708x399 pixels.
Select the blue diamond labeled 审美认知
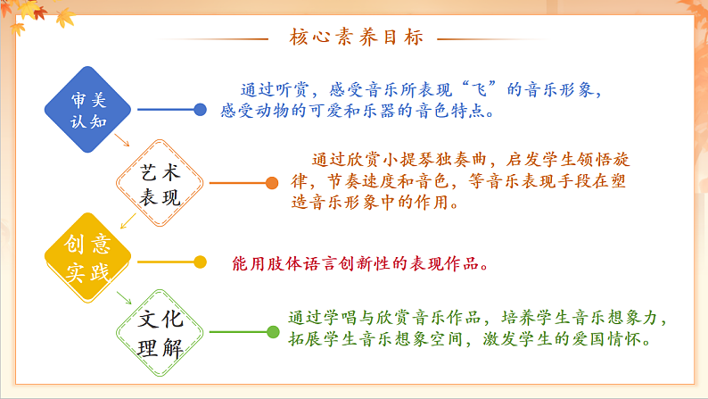click(x=87, y=110)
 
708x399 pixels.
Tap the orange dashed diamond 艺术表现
click(x=161, y=183)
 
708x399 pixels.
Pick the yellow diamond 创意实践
click(x=87, y=260)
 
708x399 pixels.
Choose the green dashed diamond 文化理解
click(x=161, y=333)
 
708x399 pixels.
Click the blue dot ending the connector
click(x=200, y=110)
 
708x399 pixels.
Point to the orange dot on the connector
click(x=272, y=183)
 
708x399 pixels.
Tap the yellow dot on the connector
click(x=200, y=262)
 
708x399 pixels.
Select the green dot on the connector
click(x=272, y=333)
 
